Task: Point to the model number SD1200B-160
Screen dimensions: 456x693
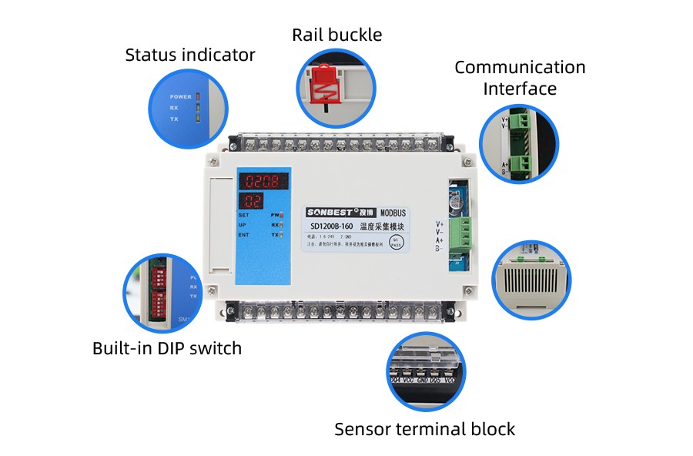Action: tap(332, 226)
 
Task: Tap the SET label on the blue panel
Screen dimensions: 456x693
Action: tap(244, 215)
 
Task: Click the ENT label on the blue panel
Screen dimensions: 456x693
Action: tap(244, 234)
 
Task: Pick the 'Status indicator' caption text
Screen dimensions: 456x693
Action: tap(190, 55)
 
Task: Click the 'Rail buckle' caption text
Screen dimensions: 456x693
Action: tap(336, 35)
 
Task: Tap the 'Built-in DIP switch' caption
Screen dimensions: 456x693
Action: tap(167, 348)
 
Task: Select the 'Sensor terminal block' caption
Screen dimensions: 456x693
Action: tap(424, 429)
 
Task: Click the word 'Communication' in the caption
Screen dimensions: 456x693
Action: tap(520, 67)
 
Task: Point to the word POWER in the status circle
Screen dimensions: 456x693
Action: tap(181, 97)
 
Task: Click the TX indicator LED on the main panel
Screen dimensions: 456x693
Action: tap(282, 233)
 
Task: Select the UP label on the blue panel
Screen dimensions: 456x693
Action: tap(243, 225)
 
